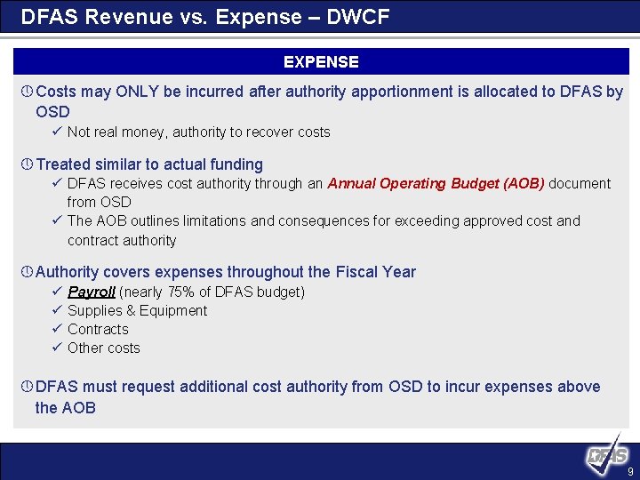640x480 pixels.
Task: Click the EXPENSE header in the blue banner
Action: point(321,62)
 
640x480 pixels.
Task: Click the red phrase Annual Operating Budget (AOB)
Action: point(436,183)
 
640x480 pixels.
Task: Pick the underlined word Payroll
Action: point(92,292)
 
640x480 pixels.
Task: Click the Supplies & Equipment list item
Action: point(137,310)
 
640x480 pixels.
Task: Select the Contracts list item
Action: point(98,329)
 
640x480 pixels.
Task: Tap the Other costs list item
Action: point(103,348)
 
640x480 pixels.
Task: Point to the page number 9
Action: point(630,471)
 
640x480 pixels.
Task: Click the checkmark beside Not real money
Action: point(56,132)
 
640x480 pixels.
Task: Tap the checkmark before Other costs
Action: point(56,348)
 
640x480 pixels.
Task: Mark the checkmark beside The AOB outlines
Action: point(56,220)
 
